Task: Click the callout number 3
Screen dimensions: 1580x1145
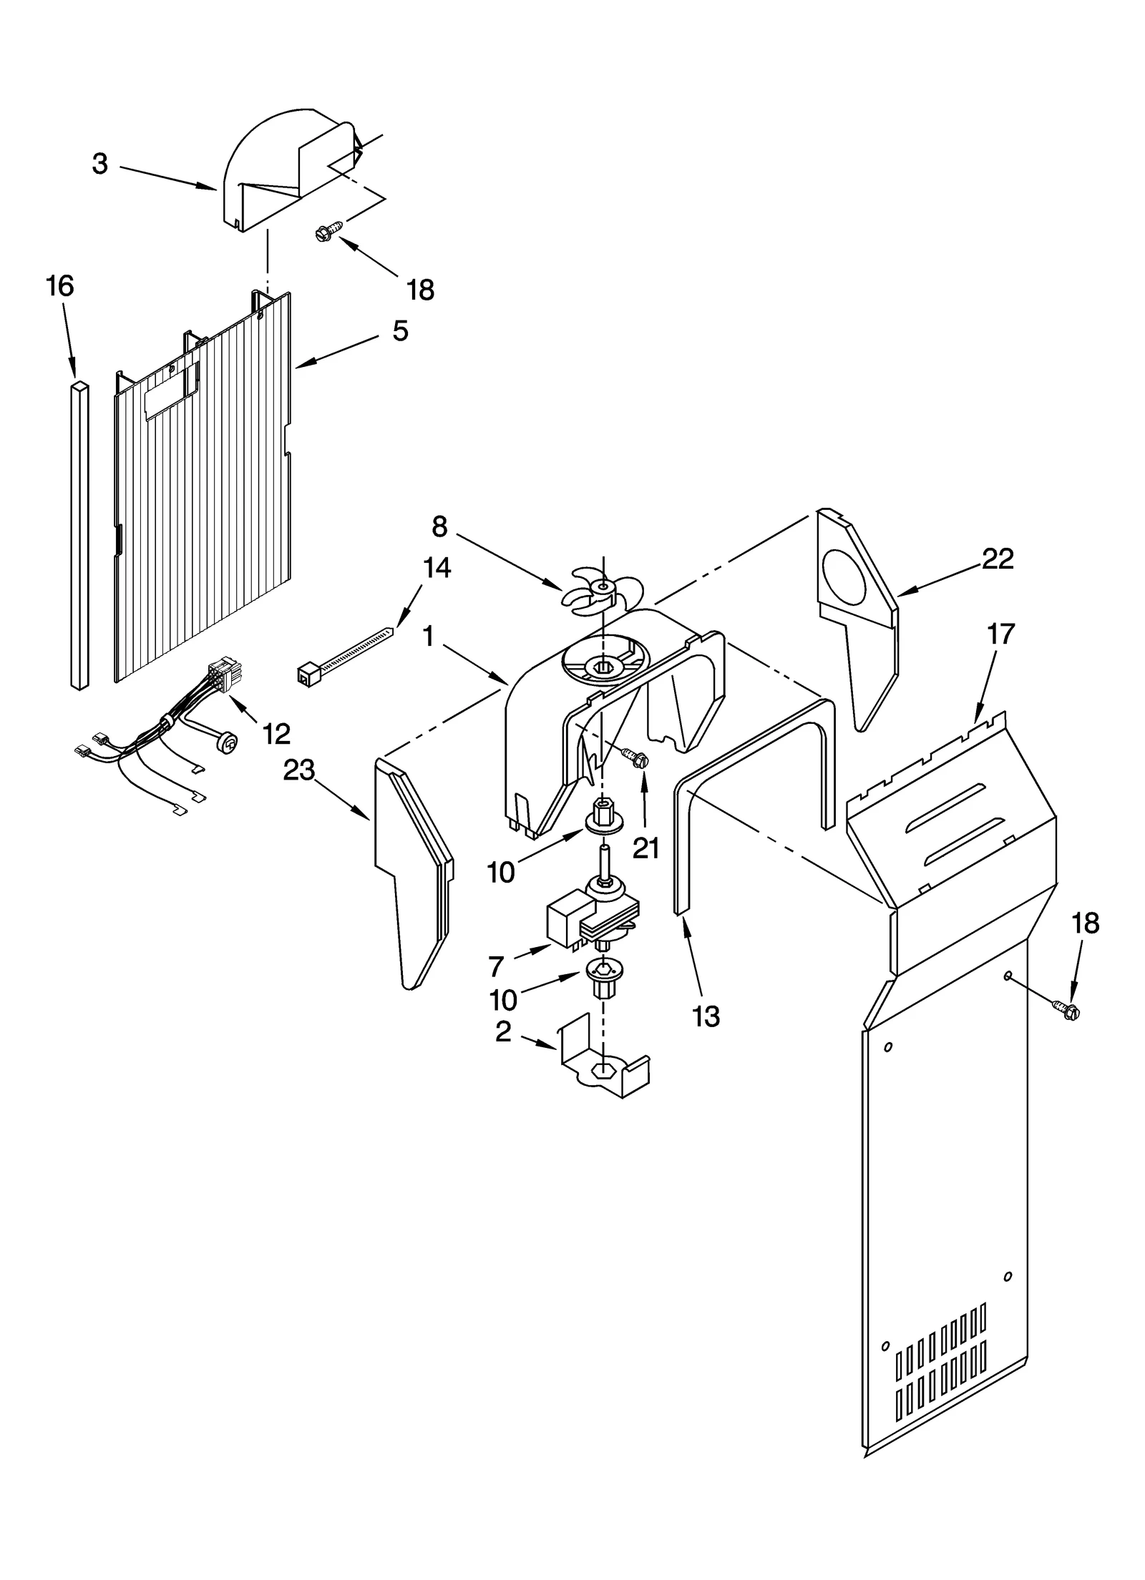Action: [x=100, y=165]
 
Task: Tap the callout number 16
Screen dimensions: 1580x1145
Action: [x=60, y=287]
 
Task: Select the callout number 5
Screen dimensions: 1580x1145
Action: [x=400, y=331]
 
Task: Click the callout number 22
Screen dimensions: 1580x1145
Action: [x=998, y=559]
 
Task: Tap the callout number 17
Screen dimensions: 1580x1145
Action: [x=1001, y=634]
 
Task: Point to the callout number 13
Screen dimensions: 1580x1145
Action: [x=707, y=1016]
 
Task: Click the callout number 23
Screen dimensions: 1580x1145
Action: [x=299, y=770]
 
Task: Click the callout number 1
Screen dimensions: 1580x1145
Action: [x=429, y=636]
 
